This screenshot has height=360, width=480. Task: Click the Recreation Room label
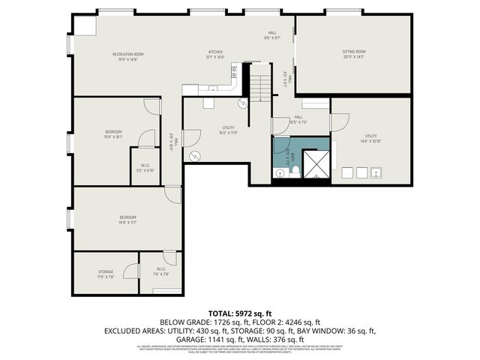[127, 55]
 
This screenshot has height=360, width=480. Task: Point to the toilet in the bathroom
[295, 172]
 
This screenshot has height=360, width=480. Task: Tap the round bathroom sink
[279, 173]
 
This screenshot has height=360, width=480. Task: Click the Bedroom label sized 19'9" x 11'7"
[127, 220]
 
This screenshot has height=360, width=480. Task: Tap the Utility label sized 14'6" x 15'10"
[371, 138]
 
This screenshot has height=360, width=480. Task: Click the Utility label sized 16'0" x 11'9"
[229, 130]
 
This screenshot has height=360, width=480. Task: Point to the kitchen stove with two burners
[233, 72]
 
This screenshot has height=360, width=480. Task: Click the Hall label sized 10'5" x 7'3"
[298, 119]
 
